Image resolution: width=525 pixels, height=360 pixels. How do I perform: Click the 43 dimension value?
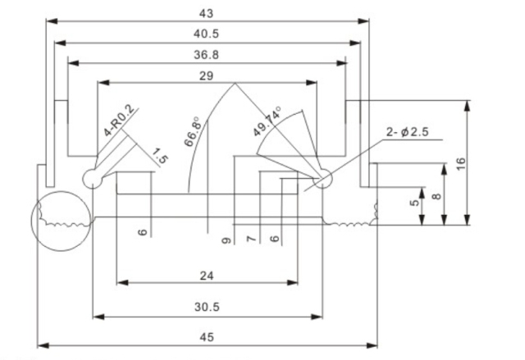tap(207, 12)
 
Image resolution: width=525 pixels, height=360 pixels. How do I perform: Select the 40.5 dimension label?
tap(207, 34)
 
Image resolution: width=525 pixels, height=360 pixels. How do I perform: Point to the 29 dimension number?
tap(207, 75)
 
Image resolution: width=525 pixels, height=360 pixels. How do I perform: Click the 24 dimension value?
tap(207, 276)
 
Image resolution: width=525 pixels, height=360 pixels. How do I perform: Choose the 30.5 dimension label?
tap(207, 307)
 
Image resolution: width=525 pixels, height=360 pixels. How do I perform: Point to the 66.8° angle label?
tap(193, 130)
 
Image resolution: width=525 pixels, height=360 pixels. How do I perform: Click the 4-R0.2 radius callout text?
tap(118, 121)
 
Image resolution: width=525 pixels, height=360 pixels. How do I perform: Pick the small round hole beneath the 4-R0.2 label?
tap(93, 178)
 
